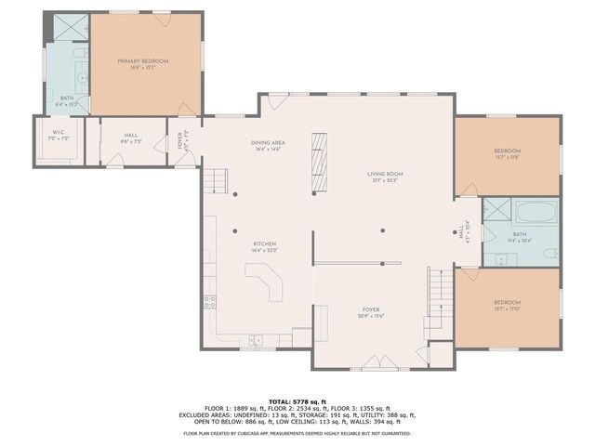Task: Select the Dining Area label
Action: pos(266,143)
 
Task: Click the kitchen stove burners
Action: pos(210,300)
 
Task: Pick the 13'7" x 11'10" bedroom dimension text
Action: pos(507,308)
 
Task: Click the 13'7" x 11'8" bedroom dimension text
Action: pos(507,157)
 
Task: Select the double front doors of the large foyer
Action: pos(380,362)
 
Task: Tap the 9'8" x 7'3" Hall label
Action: pos(131,142)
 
